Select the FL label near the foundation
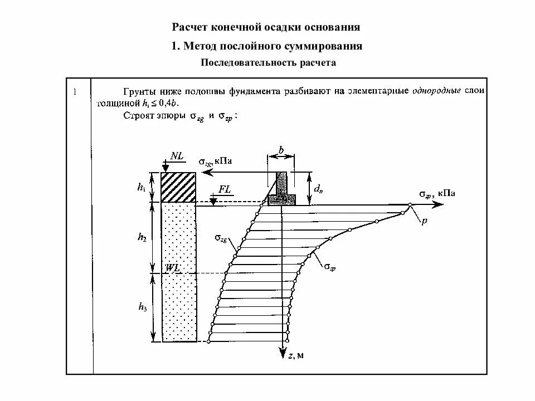click(x=225, y=189)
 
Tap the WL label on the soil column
click(x=173, y=267)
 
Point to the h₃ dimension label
click(x=142, y=307)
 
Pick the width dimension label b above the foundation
click(x=281, y=150)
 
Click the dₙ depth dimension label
click(x=318, y=189)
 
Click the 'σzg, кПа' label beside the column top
click(x=215, y=161)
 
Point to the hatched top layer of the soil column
click(x=178, y=188)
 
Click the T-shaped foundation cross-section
click(x=281, y=190)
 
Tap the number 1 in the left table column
click(x=74, y=91)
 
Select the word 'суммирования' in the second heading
click(x=323, y=46)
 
